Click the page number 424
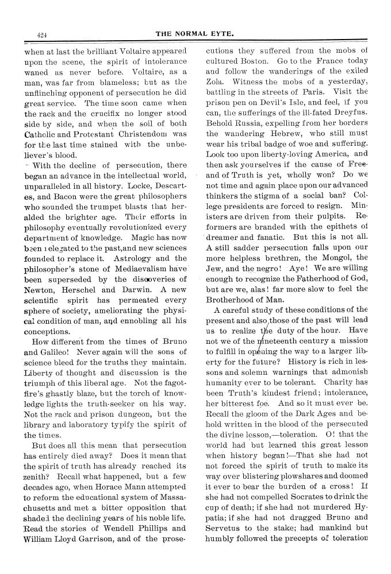(41, 34)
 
